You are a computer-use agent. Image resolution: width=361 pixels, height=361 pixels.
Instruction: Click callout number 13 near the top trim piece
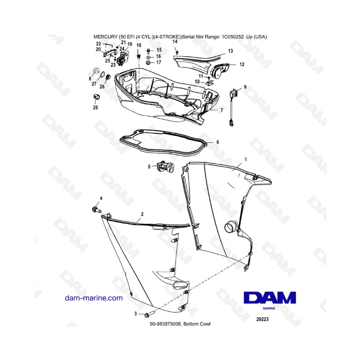(231, 51)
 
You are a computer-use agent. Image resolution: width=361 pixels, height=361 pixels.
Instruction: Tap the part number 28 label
(95, 107)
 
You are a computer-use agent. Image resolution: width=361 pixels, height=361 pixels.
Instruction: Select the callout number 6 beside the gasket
(217, 142)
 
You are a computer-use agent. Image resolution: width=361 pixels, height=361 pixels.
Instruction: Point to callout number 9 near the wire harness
(245, 87)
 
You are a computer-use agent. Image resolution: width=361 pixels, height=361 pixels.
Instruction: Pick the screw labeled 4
(97, 210)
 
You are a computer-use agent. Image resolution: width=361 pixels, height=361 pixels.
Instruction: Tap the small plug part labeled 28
(97, 97)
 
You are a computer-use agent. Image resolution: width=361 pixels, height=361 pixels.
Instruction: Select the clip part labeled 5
(165, 166)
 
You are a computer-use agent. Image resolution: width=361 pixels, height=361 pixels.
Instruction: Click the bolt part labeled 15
(148, 51)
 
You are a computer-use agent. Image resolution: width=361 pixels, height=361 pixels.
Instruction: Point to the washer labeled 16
(149, 57)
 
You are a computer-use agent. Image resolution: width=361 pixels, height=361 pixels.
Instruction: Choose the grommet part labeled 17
(149, 63)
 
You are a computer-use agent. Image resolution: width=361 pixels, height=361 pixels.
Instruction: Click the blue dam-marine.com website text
(94, 298)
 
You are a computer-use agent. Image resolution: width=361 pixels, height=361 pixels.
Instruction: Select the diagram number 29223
(262, 319)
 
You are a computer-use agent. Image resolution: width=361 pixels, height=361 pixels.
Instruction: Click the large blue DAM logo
(270, 298)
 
